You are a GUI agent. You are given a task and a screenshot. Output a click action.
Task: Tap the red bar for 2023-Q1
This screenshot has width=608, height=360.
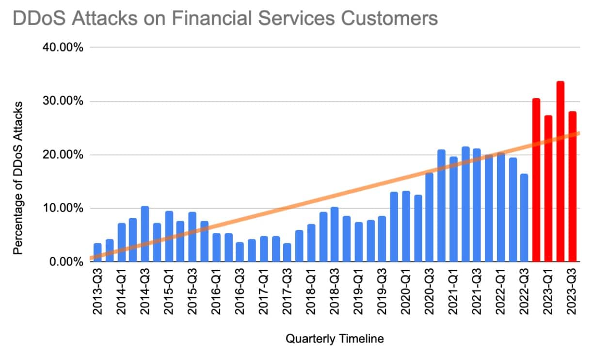click(x=548, y=189)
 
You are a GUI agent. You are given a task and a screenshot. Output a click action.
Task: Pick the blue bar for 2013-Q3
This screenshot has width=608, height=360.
click(x=97, y=253)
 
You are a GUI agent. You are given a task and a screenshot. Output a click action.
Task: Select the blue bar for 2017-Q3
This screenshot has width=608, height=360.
click(x=288, y=253)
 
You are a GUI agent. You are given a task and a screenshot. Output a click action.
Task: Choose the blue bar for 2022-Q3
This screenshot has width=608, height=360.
click(x=525, y=218)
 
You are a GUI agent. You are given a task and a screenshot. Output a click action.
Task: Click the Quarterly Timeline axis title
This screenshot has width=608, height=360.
click(x=335, y=339)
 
